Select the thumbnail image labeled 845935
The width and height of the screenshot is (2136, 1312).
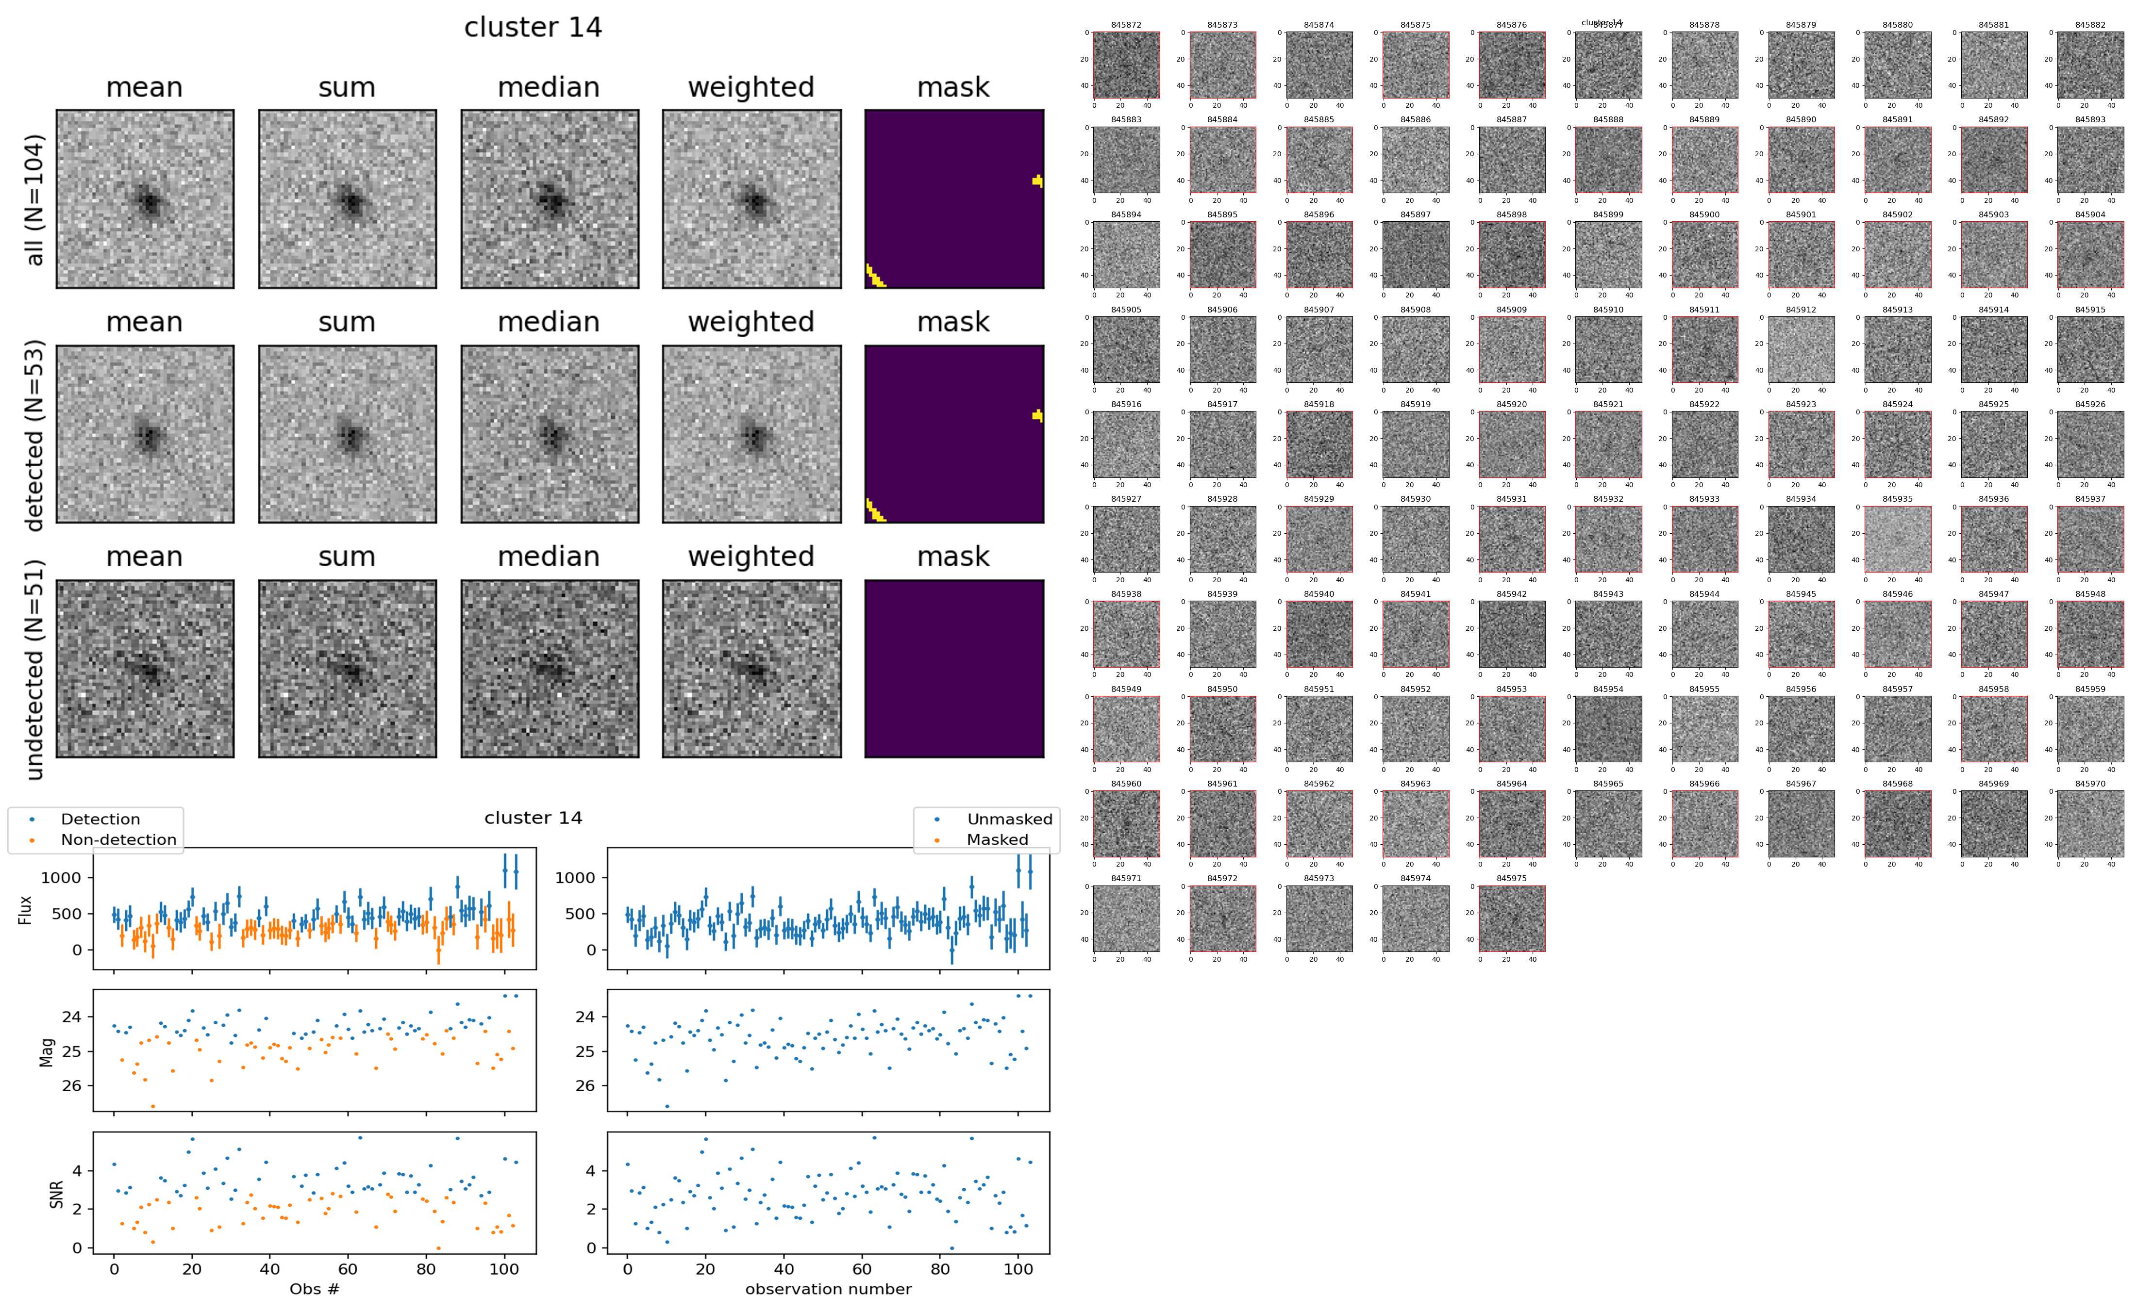(x=1897, y=540)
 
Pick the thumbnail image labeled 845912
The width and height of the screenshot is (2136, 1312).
(x=1801, y=350)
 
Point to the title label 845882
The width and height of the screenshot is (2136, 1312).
(x=2090, y=25)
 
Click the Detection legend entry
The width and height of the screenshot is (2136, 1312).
(x=100, y=819)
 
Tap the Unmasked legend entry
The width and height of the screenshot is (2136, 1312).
(x=1009, y=819)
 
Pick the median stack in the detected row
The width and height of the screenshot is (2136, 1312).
(x=550, y=434)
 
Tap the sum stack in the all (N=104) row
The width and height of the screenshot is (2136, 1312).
(x=347, y=199)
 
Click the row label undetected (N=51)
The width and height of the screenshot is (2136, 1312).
(x=35, y=669)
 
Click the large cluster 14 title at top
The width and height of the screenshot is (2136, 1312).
(x=533, y=28)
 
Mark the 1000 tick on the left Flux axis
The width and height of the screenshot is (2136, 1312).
(x=61, y=877)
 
